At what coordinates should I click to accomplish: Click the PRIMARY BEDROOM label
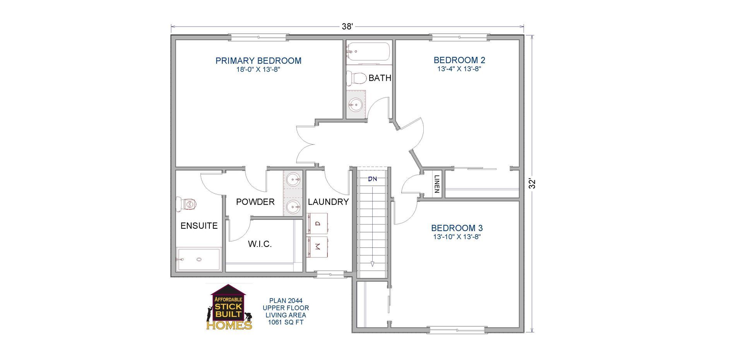258,61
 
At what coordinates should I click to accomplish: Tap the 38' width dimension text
347,26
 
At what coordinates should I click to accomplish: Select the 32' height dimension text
532,183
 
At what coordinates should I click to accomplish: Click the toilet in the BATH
356,79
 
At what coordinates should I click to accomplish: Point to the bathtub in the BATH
368,52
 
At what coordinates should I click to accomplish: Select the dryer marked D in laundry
318,223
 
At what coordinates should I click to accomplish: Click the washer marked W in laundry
318,247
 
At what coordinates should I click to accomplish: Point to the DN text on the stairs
372,179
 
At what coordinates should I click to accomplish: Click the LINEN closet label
437,184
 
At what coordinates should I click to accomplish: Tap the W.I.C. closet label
260,244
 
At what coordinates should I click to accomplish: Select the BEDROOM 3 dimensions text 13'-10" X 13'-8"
457,237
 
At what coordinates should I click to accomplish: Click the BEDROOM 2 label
459,60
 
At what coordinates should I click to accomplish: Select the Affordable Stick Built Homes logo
229,308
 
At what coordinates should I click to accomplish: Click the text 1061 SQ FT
286,322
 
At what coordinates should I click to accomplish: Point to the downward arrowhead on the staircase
372,264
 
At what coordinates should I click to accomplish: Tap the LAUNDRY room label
328,202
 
